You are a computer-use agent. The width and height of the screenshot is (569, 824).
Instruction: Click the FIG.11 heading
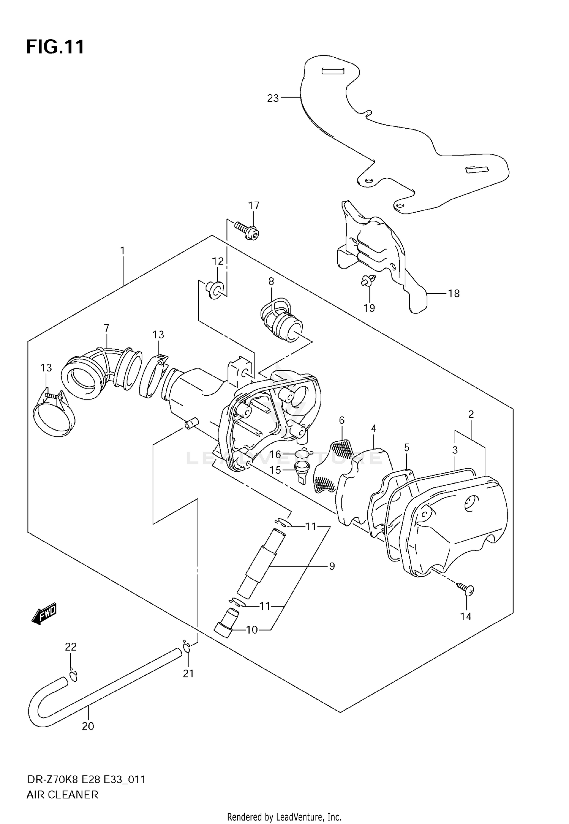(x=55, y=47)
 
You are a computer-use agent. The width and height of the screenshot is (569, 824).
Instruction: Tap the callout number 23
(x=273, y=98)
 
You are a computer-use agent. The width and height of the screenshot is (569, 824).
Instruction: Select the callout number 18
(x=454, y=293)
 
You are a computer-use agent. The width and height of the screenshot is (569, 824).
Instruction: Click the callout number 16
(x=275, y=454)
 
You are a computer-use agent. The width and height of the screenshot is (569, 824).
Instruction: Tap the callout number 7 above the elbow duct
(x=107, y=328)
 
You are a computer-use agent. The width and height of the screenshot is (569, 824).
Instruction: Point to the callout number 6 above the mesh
(x=342, y=420)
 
